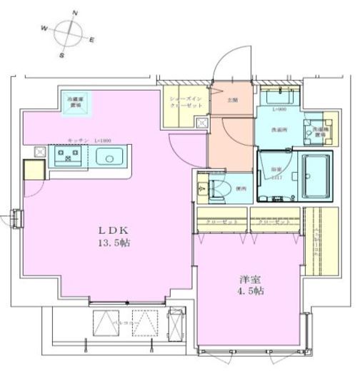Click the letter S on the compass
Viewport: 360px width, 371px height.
click(62, 54)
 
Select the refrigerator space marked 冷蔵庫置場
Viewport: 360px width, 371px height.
click(75, 102)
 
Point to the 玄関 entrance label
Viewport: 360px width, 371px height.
click(234, 101)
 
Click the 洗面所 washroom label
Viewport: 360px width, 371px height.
click(279, 131)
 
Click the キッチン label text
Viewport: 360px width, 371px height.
click(77, 141)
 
